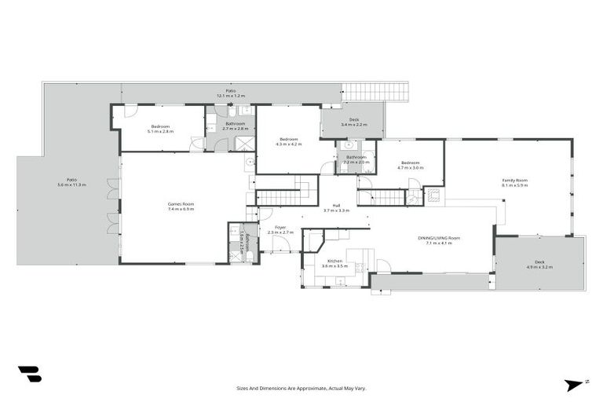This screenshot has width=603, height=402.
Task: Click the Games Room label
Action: click(181, 204)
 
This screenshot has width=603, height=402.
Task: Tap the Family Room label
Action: click(515, 181)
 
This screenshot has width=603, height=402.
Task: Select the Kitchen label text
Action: click(334, 261)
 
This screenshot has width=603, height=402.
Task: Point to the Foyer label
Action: click(280, 227)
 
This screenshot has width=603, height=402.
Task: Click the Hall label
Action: click(336, 205)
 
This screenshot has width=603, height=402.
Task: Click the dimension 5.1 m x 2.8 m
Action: click(159, 132)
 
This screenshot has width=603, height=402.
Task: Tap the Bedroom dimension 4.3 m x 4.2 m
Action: click(288, 144)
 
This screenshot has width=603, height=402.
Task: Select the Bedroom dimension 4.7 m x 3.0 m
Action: click(410, 168)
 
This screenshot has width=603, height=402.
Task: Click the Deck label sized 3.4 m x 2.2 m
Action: click(354, 120)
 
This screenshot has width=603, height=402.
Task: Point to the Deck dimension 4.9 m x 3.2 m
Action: click(539, 268)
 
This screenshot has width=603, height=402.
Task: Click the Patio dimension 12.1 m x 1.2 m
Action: click(231, 96)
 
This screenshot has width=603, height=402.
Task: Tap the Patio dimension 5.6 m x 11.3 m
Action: click(71, 185)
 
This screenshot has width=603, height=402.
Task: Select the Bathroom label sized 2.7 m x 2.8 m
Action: click(236, 123)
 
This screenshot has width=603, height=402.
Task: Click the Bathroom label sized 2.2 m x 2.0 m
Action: click(356, 157)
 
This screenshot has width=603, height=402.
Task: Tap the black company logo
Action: click(30, 374)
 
